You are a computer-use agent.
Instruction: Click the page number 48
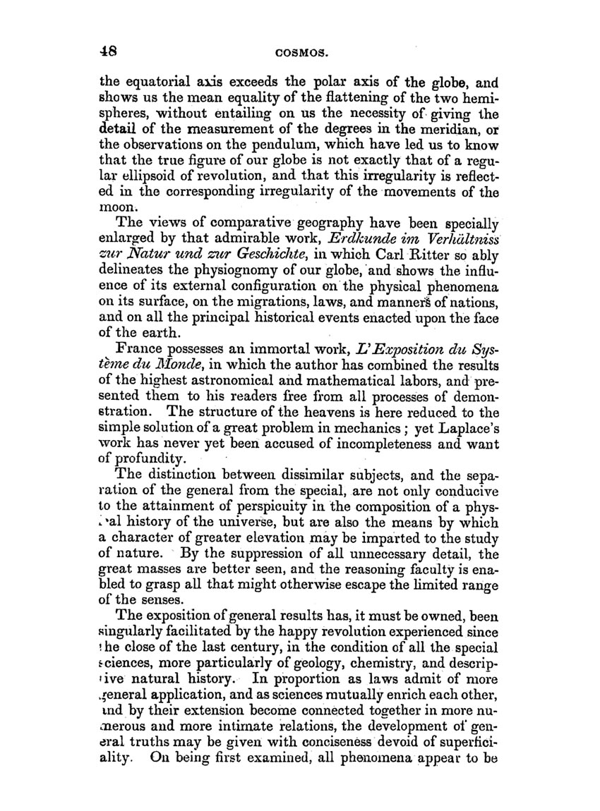coord(108,51)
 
